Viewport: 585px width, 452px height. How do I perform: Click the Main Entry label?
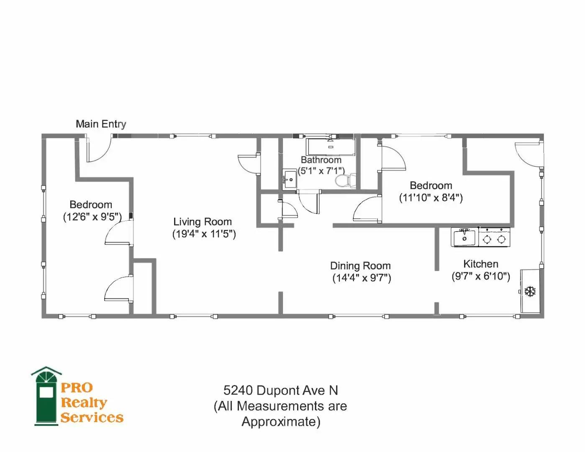[101, 124]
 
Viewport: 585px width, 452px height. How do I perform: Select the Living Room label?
[203, 222]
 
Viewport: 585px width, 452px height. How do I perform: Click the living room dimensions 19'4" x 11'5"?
[204, 234]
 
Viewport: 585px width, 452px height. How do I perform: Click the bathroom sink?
[289, 179]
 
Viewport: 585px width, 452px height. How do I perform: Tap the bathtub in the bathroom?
[331, 147]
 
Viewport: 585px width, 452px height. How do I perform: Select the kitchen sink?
[464, 237]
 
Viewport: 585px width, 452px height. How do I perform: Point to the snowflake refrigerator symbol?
[530, 292]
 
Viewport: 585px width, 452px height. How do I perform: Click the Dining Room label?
[360, 266]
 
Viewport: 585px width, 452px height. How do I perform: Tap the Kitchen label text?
[481, 264]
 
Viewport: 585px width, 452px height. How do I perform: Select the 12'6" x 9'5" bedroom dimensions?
[92, 217]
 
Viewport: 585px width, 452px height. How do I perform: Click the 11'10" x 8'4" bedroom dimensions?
[431, 198]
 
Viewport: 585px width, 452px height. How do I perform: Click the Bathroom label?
[321, 160]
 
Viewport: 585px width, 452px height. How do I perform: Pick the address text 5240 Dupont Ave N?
[280, 390]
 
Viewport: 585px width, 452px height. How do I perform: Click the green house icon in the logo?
[46, 396]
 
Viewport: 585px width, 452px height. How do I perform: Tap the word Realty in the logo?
[84, 403]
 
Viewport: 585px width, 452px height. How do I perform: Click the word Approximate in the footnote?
[281, 421]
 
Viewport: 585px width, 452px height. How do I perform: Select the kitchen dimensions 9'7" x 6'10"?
[481, 276]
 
